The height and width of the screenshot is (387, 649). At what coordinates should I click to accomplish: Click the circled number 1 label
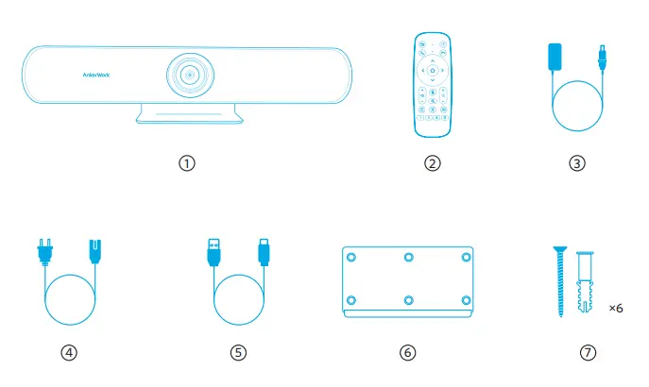(187, 162)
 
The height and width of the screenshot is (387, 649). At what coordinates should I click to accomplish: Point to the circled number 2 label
(433, 162)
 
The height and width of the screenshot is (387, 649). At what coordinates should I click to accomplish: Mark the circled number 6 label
(407, 352)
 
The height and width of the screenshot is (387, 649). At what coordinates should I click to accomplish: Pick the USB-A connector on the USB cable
(213, 253)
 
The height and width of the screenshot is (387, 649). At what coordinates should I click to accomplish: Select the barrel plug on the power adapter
(599, 57)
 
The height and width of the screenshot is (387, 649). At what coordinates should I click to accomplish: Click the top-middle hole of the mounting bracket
(407, 258)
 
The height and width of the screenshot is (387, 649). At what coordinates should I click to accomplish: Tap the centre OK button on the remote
(433, 70)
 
